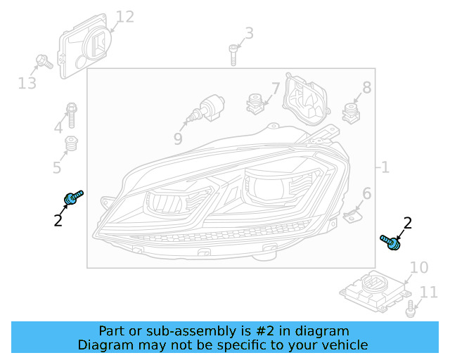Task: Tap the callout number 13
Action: (x=27, y=84)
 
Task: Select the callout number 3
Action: (x=249, y=33)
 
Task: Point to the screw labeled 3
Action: (x=233, y=54)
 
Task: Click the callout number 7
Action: (x=275, y=89)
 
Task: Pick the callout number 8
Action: (x=366, y=88)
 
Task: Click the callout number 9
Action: (x=178, y=139)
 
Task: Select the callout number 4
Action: (x=58, y=127)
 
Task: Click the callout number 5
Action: (x=57, y=167)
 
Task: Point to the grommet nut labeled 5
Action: (x=71, y=145)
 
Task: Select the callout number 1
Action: (x=385, y=167)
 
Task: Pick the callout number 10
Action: (x=418, y=267)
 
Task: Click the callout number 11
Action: (x=428, y=292)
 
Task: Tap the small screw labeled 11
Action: (x=409, y=307)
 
